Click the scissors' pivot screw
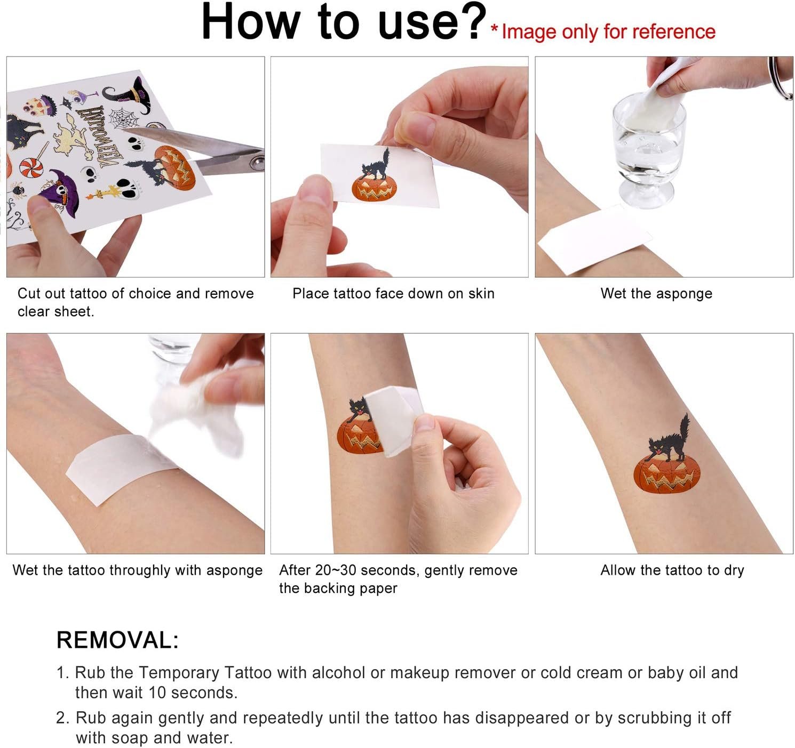pos(257,163)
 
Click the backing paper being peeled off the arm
pos(394,420)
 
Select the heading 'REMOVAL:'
pos(117,640)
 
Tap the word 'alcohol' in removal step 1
pos(338,672)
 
